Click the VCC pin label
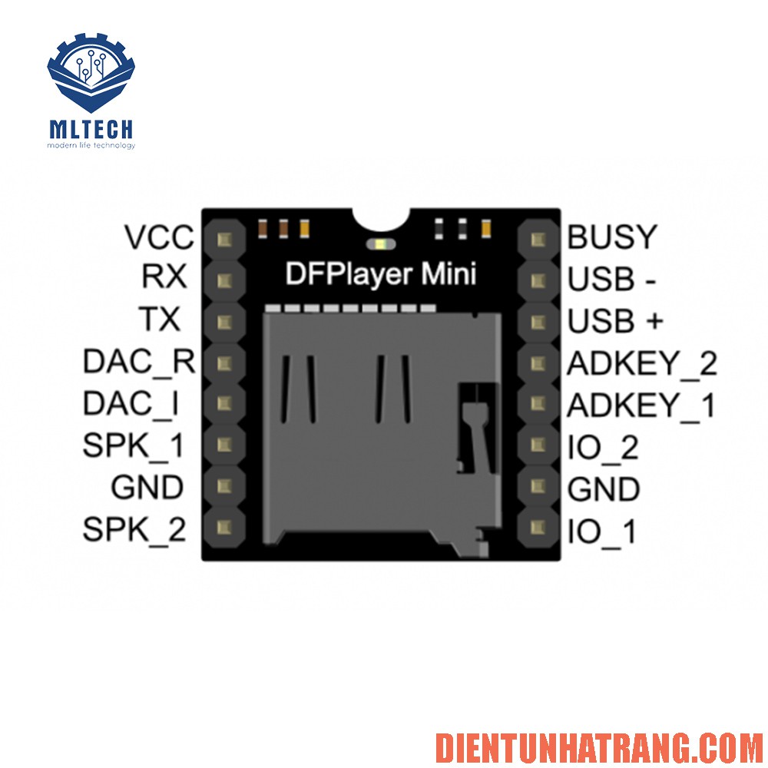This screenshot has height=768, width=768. pyautogui.click(x=160, y=237)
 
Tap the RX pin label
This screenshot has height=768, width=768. pyautogui.click(x=164, y=277)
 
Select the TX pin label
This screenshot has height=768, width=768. pyautogui.click(x=160, y=319)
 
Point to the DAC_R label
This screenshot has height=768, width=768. pyautogui.click(x=139, y=361)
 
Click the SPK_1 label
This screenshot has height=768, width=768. pyautogui.click(x=134, y=445)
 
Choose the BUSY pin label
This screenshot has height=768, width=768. pyautogui.click(x=612, y=237)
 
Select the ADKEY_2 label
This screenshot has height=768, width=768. pyautogui.click(x=642, y=362)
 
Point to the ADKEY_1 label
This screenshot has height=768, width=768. pyautogui.click(x=641, y=405)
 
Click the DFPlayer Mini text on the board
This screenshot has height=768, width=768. pyautogui.click(x=381, y=274)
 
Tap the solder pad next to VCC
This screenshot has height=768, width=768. pyautogui.click(x=225, y=239)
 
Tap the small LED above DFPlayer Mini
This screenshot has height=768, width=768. pyautogui.click(x=381, y=245)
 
